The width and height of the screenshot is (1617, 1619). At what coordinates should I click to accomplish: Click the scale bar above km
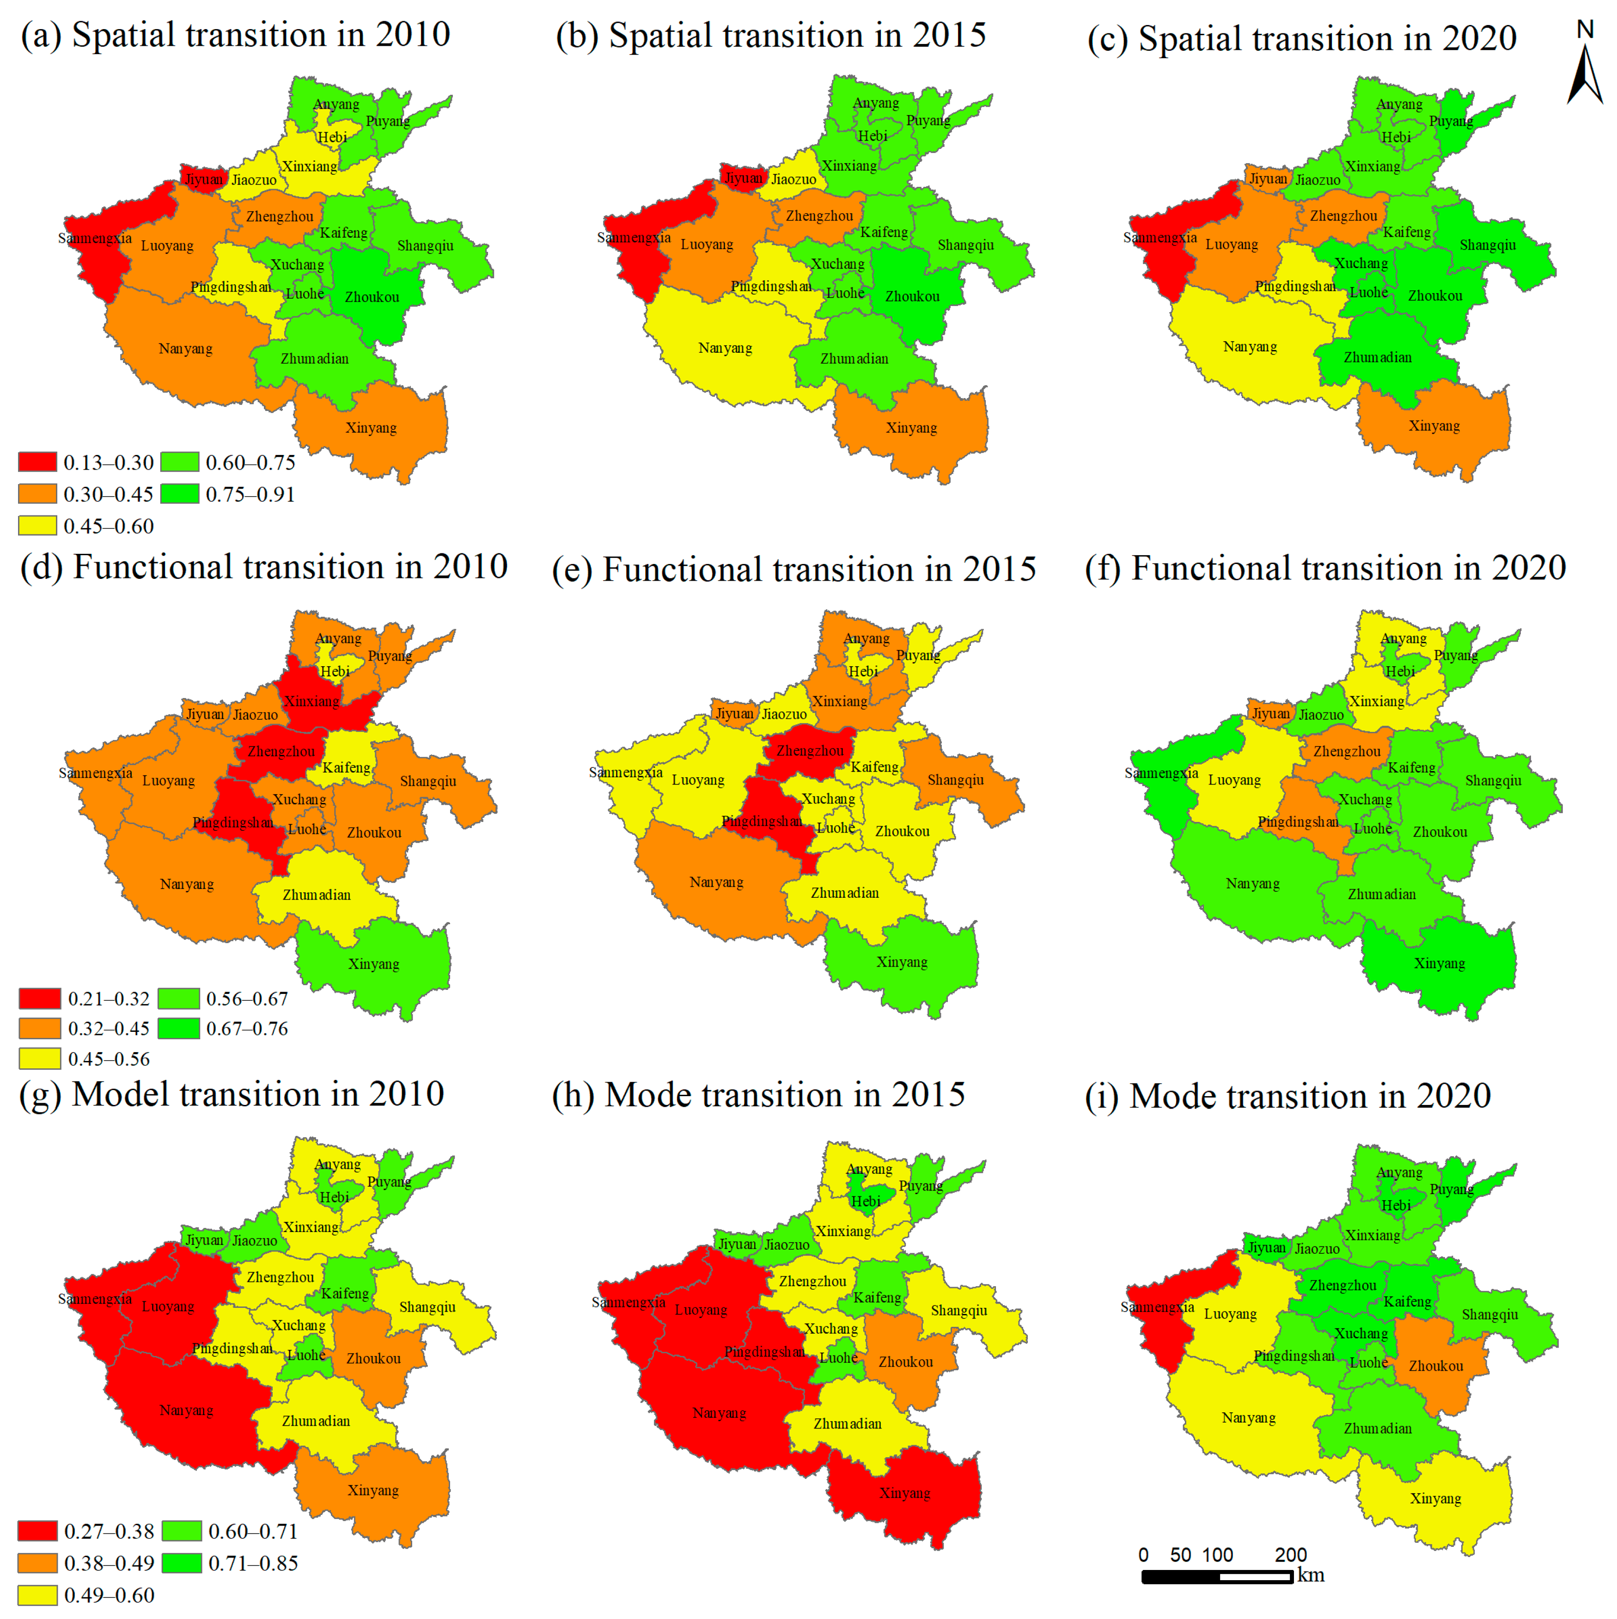point(1216,1576)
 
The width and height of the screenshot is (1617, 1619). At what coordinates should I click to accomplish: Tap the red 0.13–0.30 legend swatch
point(38,462)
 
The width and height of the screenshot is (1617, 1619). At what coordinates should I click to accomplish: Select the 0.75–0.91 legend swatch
point(179,494)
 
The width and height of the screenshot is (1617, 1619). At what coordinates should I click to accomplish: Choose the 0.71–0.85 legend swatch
point(182,1563)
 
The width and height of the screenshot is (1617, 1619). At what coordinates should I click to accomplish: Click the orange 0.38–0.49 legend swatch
point(38,1563)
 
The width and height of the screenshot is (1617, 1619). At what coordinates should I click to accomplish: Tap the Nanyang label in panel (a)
point(185,349)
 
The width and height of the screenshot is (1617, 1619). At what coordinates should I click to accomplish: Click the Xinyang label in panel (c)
point(1434,426)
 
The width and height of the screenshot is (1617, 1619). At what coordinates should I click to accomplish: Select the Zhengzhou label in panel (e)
point(809,751)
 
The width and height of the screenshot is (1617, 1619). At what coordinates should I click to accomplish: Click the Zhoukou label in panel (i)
point(1435,1366)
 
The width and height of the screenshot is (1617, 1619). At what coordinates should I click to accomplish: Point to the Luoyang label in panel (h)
point(701,1310)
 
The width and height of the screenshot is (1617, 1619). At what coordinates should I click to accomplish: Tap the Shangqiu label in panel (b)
point(965,245)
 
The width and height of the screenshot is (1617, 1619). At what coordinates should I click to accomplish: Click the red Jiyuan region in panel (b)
point(742,177)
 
